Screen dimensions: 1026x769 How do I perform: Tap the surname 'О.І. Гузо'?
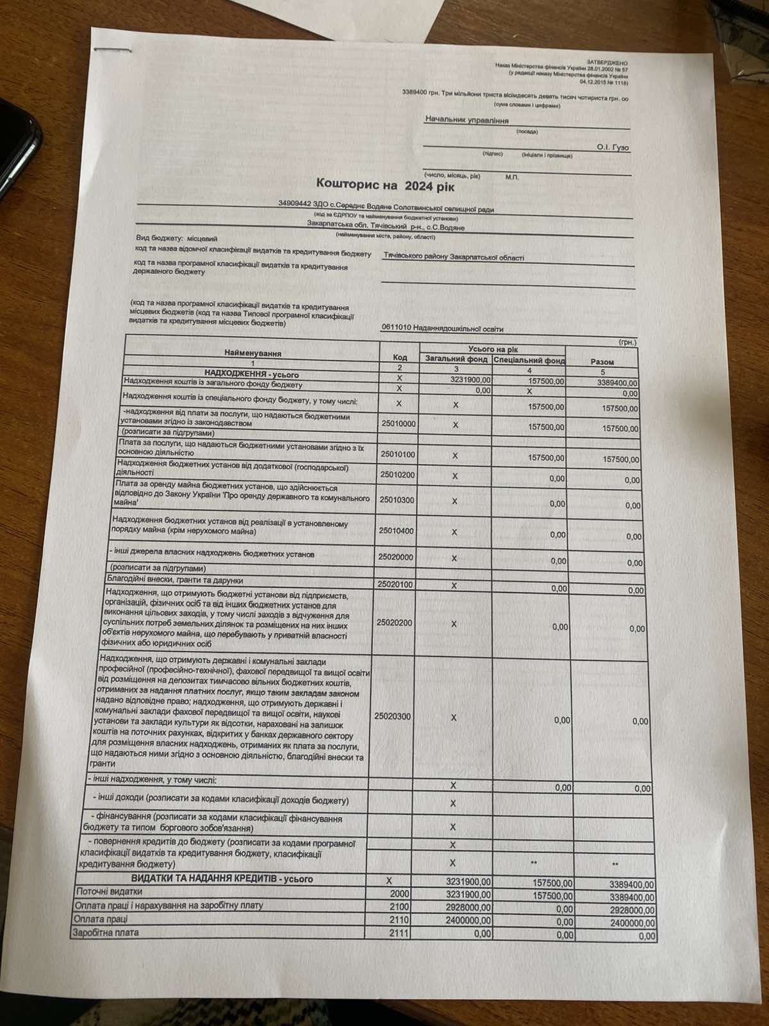(x=612, y=147)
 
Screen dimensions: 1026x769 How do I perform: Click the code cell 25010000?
(x=398, y=424)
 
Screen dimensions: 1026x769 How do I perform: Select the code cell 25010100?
(x=398, y=454)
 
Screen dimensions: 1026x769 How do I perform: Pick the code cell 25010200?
(x=398, y=475)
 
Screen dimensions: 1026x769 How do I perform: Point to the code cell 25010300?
(x=397, y=500)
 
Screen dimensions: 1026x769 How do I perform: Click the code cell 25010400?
(x=396, y=531)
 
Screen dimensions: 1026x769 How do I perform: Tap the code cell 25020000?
(x=395, y=557)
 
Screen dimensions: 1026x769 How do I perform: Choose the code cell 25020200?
(x=394, y=622)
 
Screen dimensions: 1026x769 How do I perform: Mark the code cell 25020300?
(x=391, y=716)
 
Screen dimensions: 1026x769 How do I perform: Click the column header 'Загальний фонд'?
(x=456, y=359)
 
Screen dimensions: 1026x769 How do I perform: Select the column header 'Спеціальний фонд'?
(x=529, y=360)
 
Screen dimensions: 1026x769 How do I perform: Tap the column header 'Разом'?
(x=602, y=362)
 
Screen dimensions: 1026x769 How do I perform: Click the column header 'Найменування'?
(x=252, y=353)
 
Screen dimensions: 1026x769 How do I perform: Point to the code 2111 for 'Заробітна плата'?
(x=399, y=933)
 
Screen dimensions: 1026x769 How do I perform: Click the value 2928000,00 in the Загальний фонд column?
(x=468, y=907)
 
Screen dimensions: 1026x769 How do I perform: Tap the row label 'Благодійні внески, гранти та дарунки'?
(x=176, y=580)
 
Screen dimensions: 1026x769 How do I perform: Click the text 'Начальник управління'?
(x=467, y=120)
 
